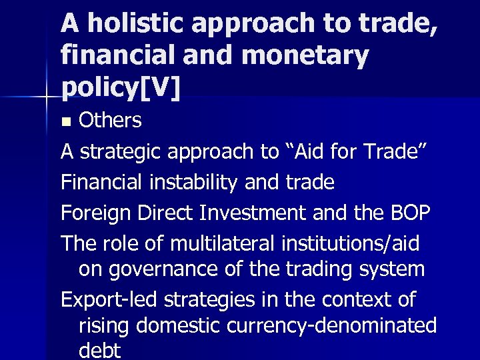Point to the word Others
pyautogui.click(x=110, y=121)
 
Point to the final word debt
pyautogui.click(x=100, y=350)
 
